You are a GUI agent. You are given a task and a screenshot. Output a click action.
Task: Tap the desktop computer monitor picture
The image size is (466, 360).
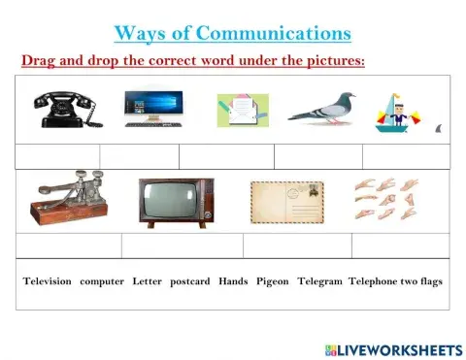pyautogui.click(x=153, y=109)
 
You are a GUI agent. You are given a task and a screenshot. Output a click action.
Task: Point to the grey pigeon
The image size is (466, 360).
pyautogui.click(x=321, y=109)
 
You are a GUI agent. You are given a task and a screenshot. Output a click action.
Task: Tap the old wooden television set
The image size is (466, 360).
pyautogui.click(x=175, y=201)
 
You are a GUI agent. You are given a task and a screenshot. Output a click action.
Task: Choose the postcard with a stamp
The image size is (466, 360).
pyautogui.click(x=286, y=201)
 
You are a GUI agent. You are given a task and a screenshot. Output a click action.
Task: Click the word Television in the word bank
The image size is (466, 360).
pyautogui.click(x=48, y=281)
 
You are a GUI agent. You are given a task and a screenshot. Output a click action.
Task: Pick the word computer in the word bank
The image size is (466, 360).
pyautogui.click(x=102, y=281)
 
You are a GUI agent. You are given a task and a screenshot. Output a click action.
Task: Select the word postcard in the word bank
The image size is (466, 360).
pyautogui.click(x=189, y=281)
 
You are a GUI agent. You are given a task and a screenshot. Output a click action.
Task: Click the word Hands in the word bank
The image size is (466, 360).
pyautogui.click(x=233, y=281)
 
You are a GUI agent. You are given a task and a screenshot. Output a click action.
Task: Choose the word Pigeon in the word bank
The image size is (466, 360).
pyautogui.click(x=273, y=281)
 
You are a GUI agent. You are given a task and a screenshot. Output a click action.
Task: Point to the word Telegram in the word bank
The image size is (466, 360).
pyautogui.click(x=319, y=281)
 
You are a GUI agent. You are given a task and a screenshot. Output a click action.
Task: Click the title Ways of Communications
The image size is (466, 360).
pyautogui.click(x=232, y=34)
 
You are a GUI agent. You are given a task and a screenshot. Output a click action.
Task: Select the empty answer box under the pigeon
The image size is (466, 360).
pyautogui.click(x=317, y=155)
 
